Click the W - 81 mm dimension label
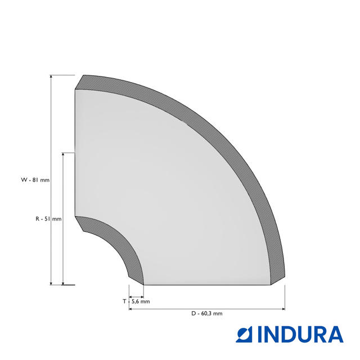tap(35, 180)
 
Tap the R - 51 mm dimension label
tap(48, 219)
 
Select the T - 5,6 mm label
tap(136, 301)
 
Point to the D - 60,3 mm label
tap(207, 313)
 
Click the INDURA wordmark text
tap(300, 335)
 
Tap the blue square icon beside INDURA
tap(244, 335)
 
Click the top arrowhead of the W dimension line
tap(51, 77)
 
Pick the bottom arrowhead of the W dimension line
tap(51, 283)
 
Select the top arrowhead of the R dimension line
tap(63, 155)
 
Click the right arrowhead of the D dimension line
tap(283, 309)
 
